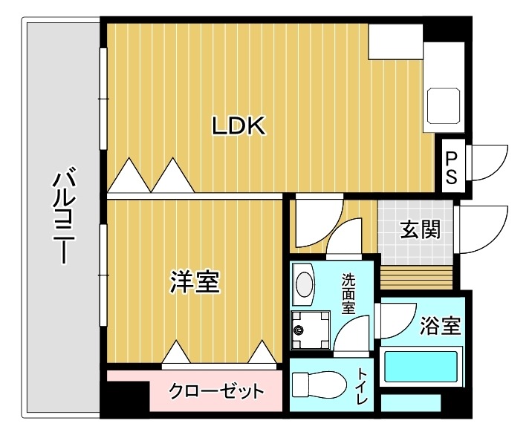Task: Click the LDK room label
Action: click(x=239, y=126)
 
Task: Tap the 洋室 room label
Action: click(x=195, y=282)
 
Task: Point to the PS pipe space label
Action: click(x=452, y=167)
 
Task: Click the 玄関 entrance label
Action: click(x=421, y=229)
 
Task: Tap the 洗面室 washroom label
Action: click(x=348, y=295)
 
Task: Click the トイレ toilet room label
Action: click(x=363, y=386)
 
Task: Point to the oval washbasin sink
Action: click(x=304, y=284)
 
